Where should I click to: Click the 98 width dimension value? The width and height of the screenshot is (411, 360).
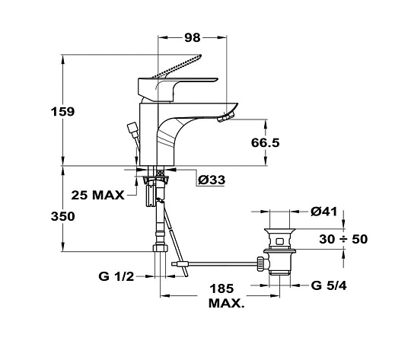coord(192,38)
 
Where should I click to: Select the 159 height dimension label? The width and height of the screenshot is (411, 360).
coord(62,112)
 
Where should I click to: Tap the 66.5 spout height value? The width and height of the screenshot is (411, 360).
coord(266,143)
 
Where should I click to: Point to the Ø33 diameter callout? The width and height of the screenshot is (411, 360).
coord(212,180)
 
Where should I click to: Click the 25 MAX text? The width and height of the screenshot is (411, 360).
coord(97,196)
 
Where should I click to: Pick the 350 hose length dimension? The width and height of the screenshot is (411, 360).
coord(62,217)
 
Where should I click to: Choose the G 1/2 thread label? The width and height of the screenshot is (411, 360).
coord(116,276)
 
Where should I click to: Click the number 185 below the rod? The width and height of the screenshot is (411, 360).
coord(221,288)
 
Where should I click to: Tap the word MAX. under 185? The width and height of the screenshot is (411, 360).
coord(227,304)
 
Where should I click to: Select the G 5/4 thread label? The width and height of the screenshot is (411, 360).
coord(329,285)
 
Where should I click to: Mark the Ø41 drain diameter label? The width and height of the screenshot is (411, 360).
coord(324,212)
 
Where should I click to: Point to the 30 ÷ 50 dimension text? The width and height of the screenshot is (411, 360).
coord(343,239)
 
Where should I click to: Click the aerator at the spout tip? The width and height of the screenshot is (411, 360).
coord(226,116)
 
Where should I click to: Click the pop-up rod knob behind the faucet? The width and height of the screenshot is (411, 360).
coord(132,130)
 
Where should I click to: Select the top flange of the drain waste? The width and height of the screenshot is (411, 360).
coord(279,231)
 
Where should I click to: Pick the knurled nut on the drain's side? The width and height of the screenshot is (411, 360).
coord(260,264)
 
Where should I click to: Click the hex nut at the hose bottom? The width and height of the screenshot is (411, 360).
coord(160,248)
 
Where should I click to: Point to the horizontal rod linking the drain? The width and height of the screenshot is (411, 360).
coord(214,264)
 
